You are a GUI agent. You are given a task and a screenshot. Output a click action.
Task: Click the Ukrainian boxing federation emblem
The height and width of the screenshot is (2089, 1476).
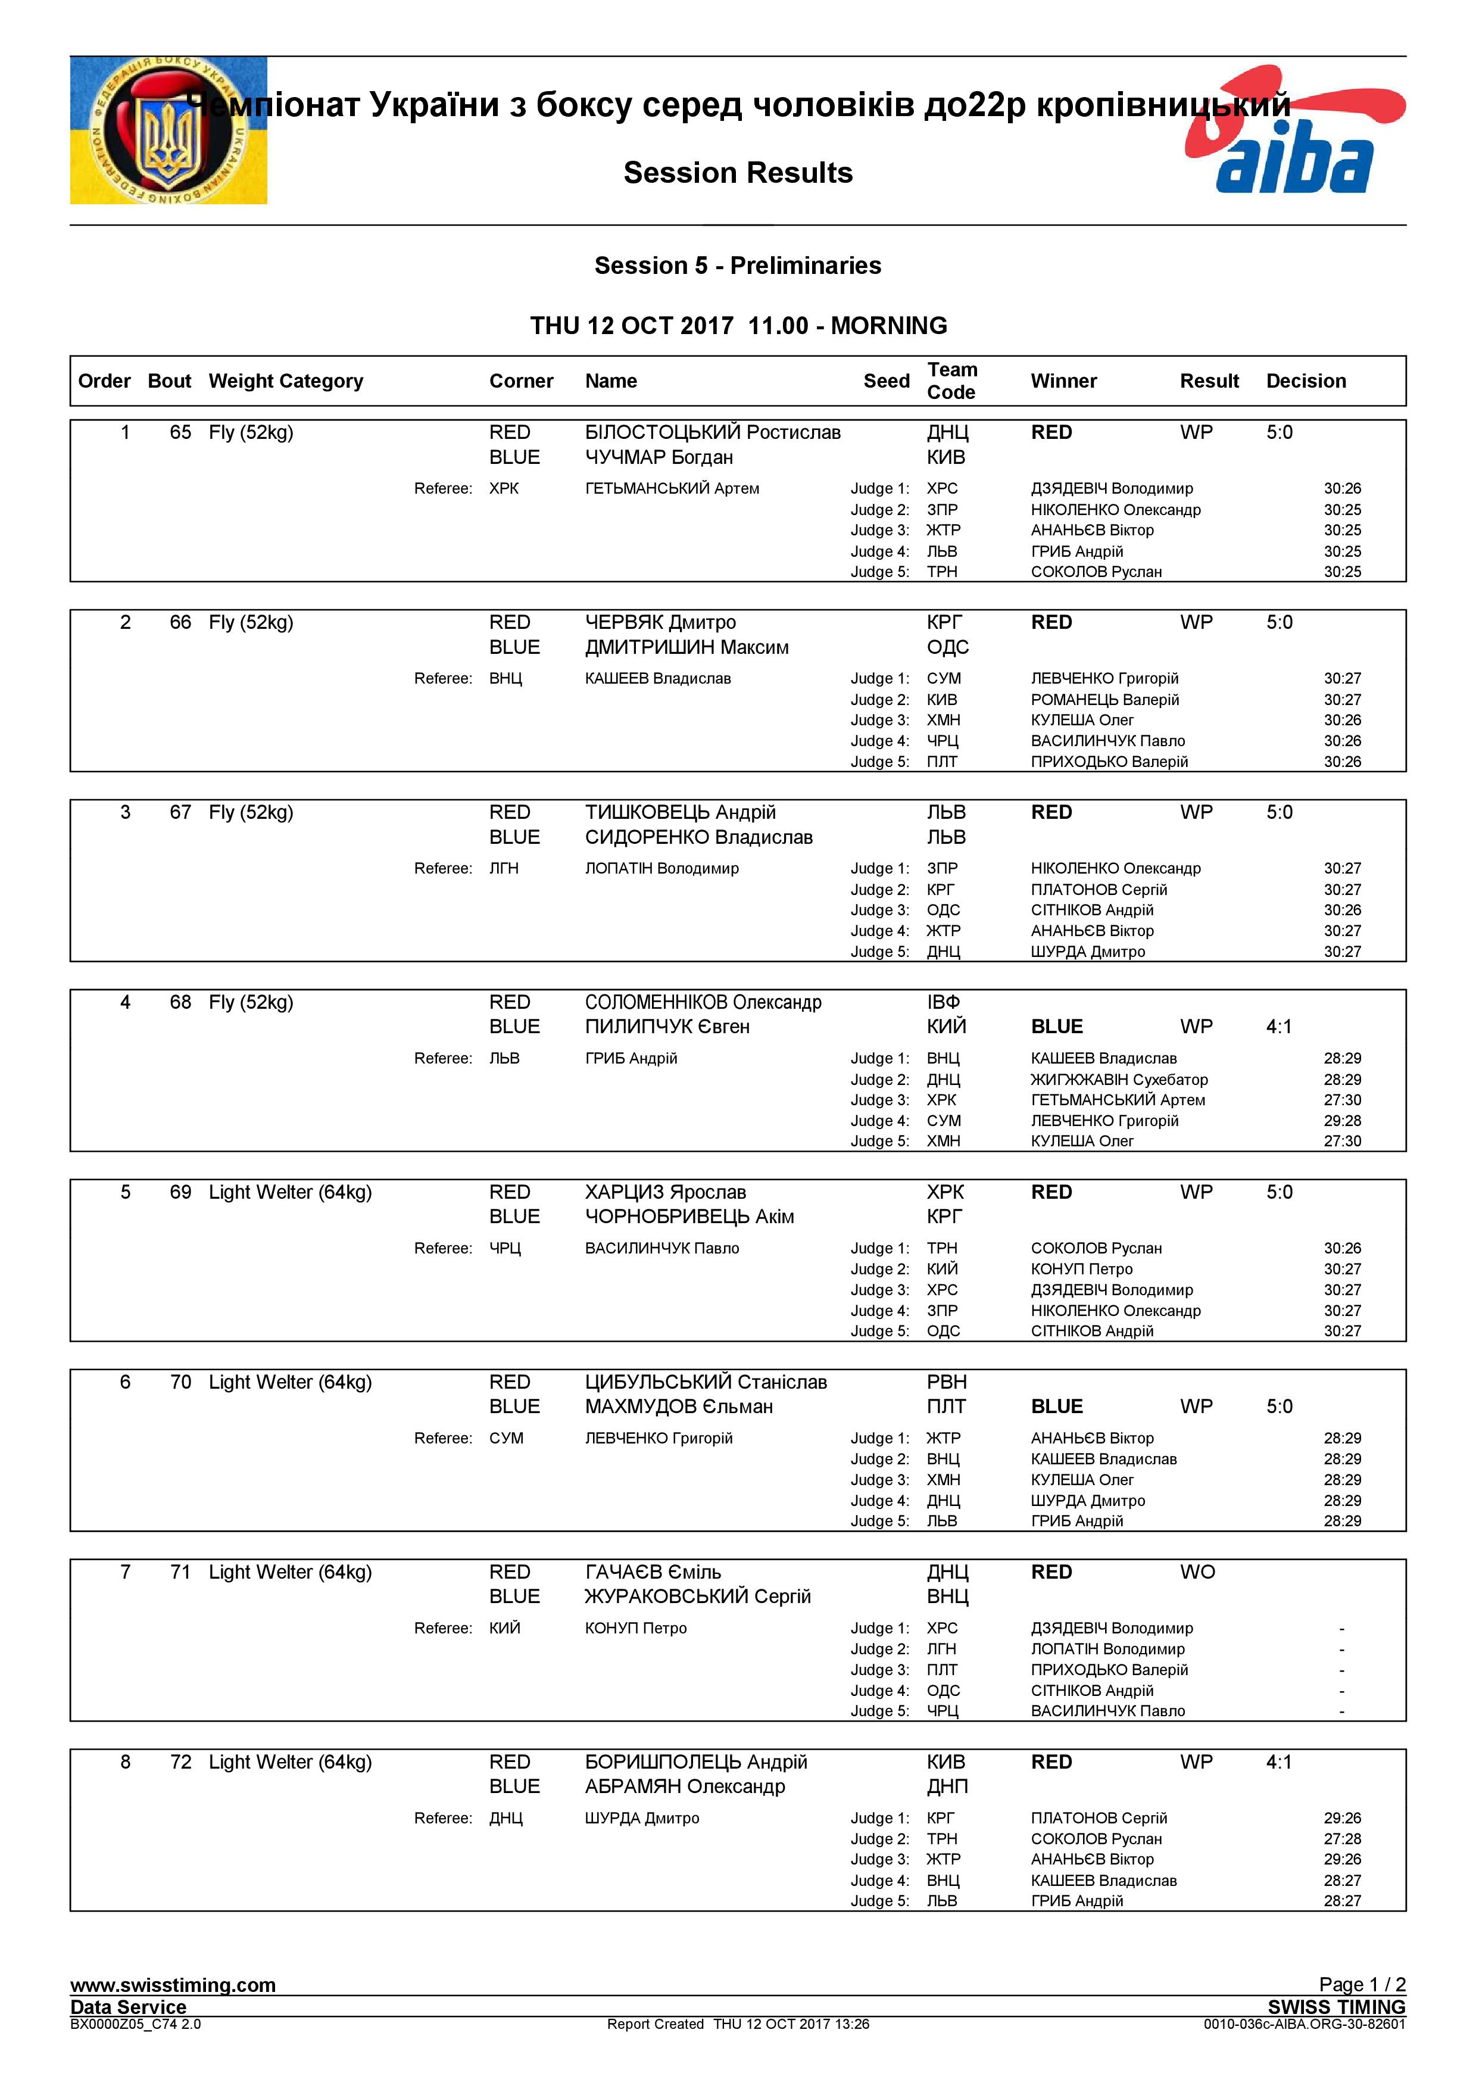click(x=168, y=130)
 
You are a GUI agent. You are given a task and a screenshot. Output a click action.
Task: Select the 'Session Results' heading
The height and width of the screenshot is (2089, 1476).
click(x=738, y=173)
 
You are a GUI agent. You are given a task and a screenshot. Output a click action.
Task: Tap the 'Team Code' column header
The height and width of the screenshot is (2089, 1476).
click(x=951, y=381)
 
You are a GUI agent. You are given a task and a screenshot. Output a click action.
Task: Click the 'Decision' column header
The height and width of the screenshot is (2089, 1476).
click(x=1305, y=381)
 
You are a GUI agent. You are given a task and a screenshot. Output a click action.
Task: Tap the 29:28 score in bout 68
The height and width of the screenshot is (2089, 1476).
click(x=1341, y=1121)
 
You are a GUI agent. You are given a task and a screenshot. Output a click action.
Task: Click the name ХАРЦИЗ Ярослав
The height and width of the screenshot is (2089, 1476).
click(x=665, y=1192)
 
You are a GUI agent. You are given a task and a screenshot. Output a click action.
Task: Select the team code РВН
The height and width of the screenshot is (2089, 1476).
click(x=946, y=1382)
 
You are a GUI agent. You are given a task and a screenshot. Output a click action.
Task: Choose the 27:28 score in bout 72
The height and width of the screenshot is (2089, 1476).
click(x=1341, y=1839)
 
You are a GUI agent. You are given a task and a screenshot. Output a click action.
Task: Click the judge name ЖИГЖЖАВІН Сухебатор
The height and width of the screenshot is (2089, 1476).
click(x=1119, y=1080)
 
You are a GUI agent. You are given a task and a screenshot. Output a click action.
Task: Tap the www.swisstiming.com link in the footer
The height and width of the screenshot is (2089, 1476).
click(x=173, y=1985)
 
